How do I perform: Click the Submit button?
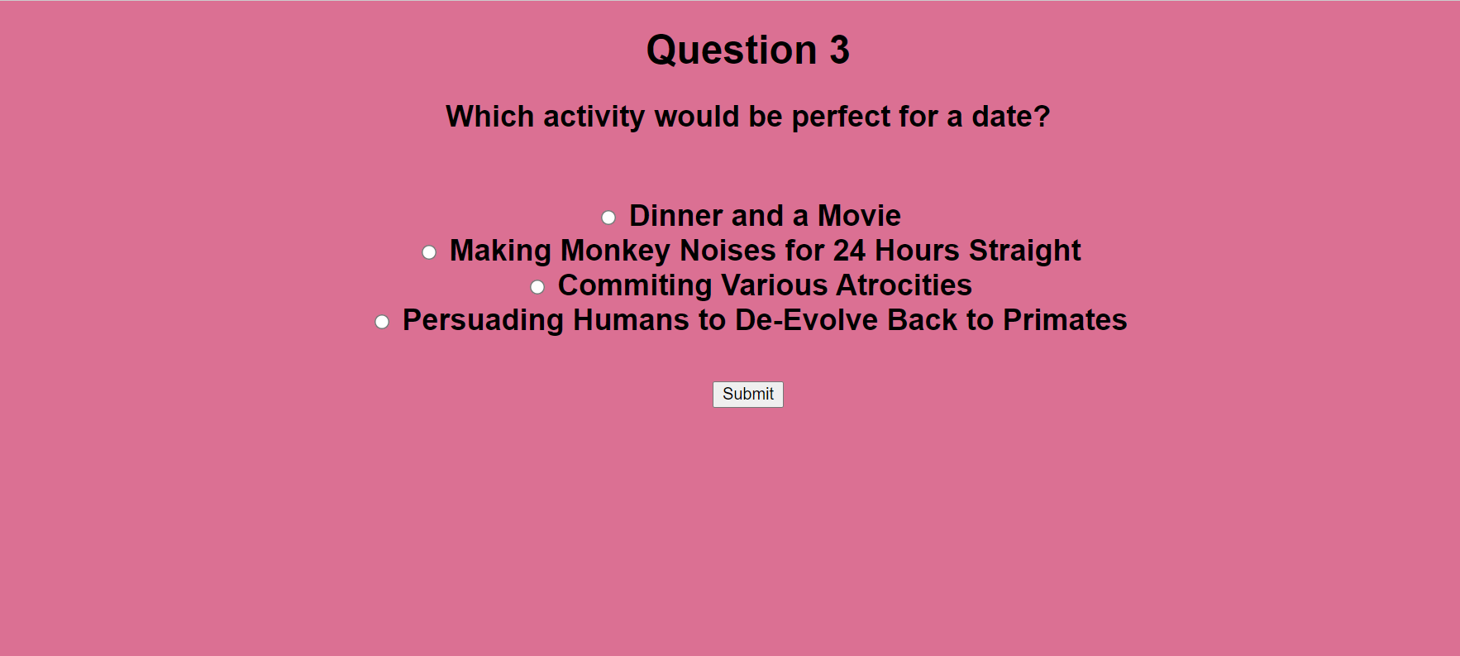748,394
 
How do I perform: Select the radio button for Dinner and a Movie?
608,218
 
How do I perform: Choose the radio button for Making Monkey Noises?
429,252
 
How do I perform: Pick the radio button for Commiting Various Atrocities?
537,287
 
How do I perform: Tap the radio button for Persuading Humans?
382,322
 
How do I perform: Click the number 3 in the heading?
839,50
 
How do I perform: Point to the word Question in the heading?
732,50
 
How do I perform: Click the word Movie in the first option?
859,216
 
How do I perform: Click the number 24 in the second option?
849,251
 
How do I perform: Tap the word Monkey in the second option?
615,251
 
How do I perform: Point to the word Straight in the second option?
1025,251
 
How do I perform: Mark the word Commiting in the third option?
635,286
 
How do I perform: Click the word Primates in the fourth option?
1065,320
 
